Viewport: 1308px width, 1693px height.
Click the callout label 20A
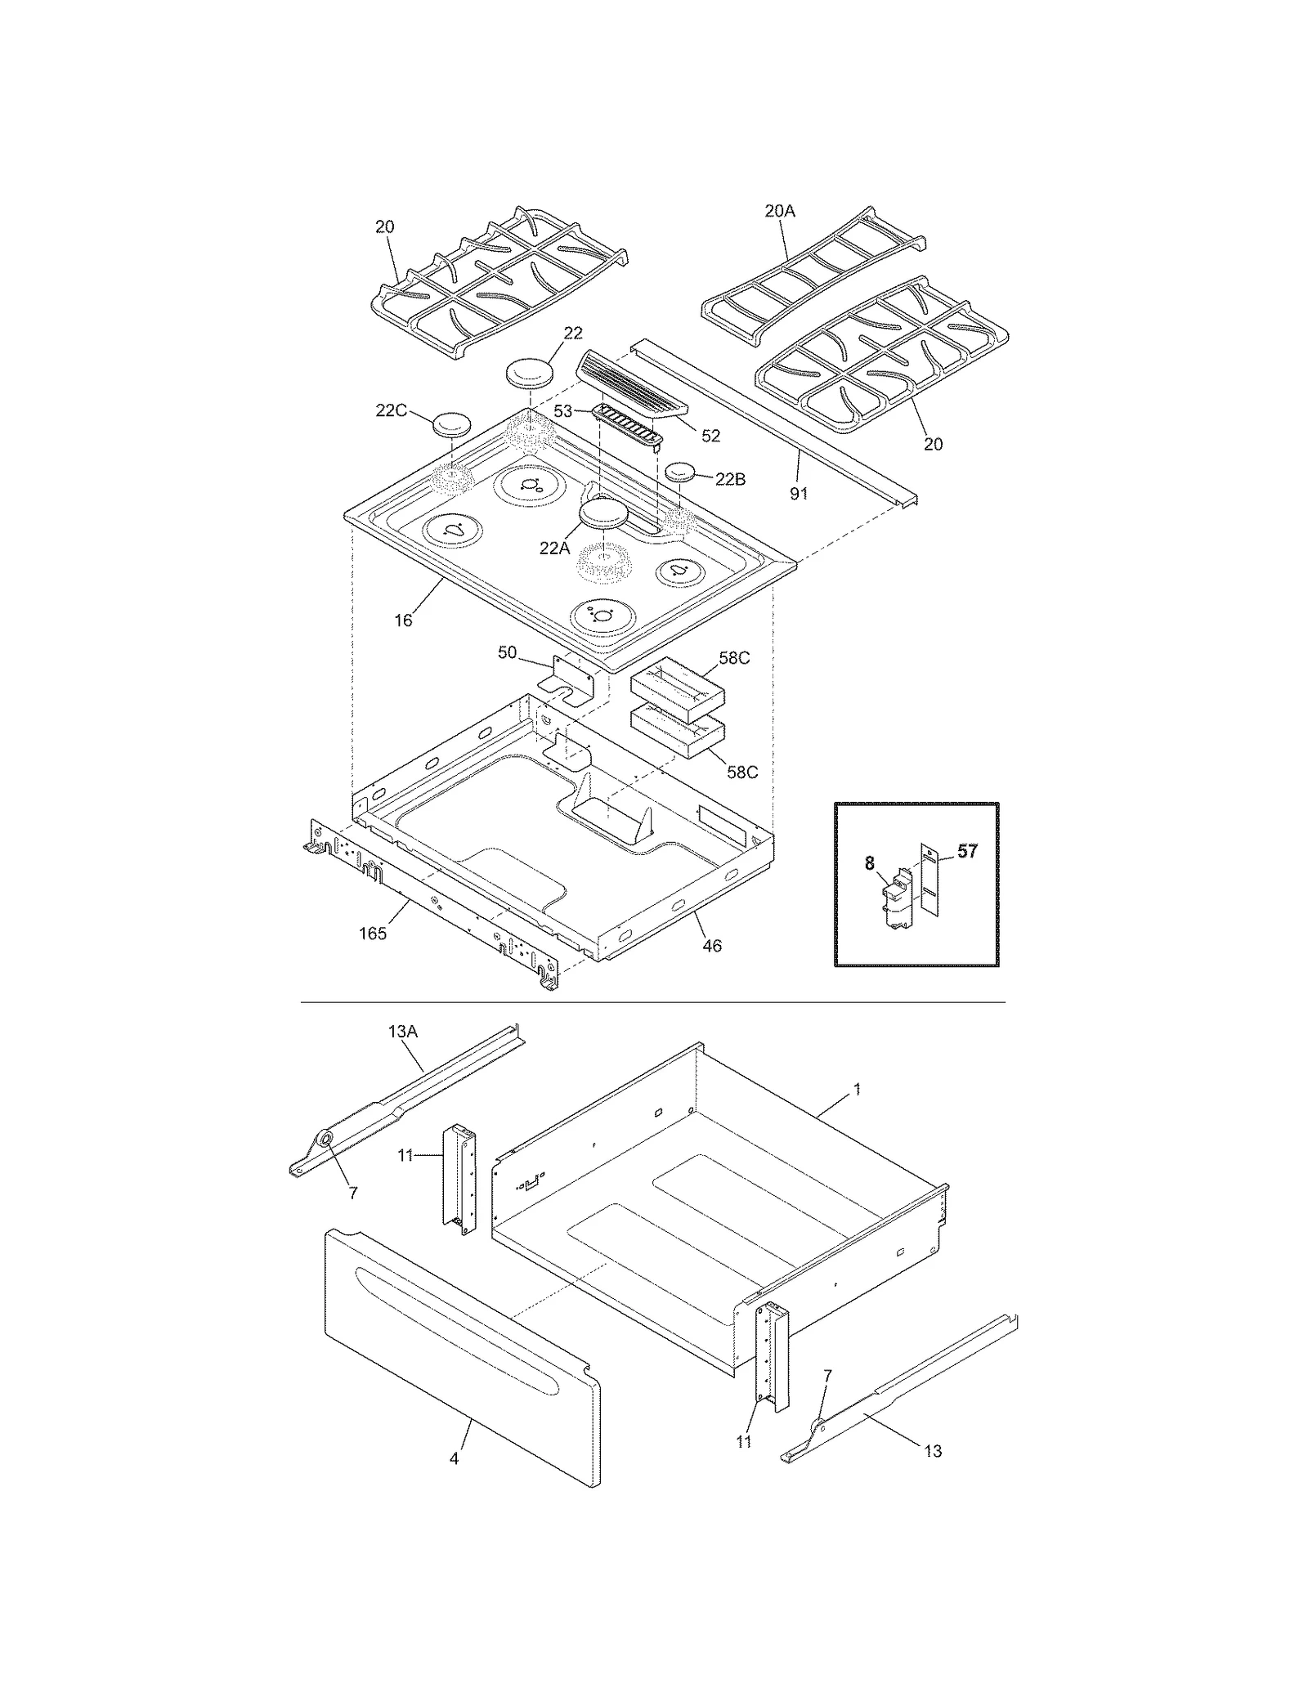tap(779, 211)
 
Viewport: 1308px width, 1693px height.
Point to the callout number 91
tap(799, 494)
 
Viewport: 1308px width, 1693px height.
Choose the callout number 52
tap(710, 436)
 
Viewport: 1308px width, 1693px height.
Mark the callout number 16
tap(403, 620)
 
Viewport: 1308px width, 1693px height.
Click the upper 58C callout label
tap(733, 658)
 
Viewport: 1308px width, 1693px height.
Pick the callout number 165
tap(373, 934)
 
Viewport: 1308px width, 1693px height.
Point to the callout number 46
tap(712, 946)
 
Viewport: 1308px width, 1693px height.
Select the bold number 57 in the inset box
tap(967, 851)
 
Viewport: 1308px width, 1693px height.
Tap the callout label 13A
tap(402, 1032)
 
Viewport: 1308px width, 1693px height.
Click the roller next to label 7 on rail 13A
tap(325, 1139)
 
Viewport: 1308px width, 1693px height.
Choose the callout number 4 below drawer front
tap(454, 1458)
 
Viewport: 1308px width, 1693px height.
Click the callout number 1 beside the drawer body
tap(857, 1089)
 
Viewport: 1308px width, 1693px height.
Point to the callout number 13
tap(933, 1451)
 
